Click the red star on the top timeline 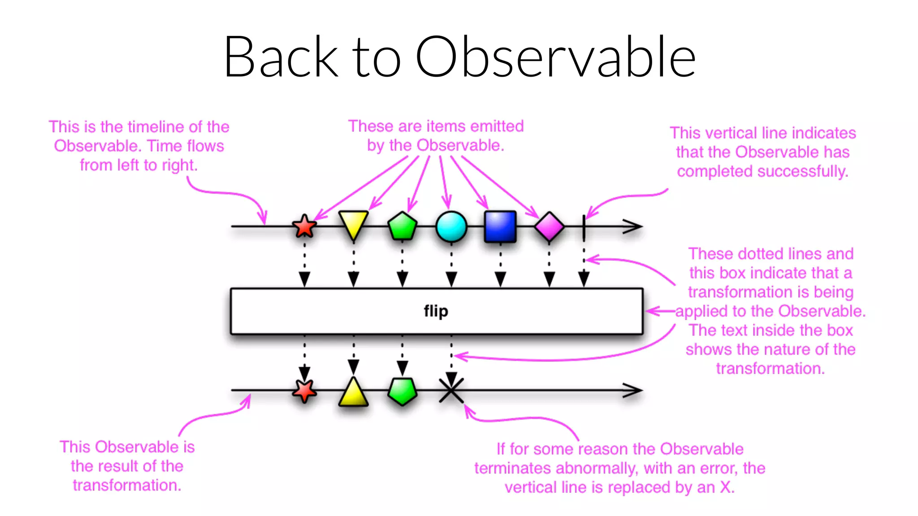pyautogui.click(x=304, y=226)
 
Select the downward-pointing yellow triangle pyautogui.click(x=353, y=224)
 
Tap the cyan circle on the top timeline pyautogui.click(x=451, y=227)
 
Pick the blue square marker pyautogui.click(x=500, y=227)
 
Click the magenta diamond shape pyautogui.click(x=549, y=227)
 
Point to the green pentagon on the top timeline pyautogui.click(x=402, y=226)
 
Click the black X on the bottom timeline pyautogui.click(x=451, y=390)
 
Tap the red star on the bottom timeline pyautogui.click(x=304, y=391)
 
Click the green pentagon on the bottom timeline pyautogui.click(x=402, y=391)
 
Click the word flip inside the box pyautogui.click(x=436, y=311)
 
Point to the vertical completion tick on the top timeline pyautogui.click(x=584, y=227)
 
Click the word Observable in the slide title pyautogui.click(x=555, y=57)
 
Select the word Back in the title pyautogui.click(x=281, y=57)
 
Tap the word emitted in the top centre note pyautogui.click(x=497, y=126)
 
